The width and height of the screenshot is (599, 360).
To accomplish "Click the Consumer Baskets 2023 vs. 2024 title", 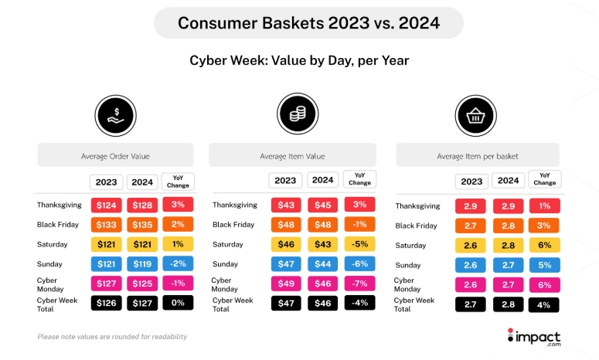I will tap(308, 23).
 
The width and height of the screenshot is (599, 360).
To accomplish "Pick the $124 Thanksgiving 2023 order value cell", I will tap(105, 205).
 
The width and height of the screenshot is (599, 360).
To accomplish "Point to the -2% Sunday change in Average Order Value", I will tap(178, 263).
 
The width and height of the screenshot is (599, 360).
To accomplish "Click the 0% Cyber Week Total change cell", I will tap(178, 302).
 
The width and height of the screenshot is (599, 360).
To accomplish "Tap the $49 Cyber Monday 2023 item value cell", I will tap(285, 284).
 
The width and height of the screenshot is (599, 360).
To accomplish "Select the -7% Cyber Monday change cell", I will tap(359, 284).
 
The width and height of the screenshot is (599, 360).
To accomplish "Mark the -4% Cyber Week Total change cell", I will tap(359, 303).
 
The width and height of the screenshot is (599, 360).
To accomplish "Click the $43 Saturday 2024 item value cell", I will tap(322, 245).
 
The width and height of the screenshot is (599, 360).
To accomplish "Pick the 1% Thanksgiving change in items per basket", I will tap(544, 206).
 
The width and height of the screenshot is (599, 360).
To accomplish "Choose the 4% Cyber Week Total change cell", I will tap(544, 304).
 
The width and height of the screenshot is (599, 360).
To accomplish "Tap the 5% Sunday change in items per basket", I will tap(544, 265).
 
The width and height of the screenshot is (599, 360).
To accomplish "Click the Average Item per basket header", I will tap(477, 156).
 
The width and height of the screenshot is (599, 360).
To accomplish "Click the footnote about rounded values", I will tap(112, 337).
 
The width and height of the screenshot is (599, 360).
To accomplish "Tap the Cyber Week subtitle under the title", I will tap(299, 60).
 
